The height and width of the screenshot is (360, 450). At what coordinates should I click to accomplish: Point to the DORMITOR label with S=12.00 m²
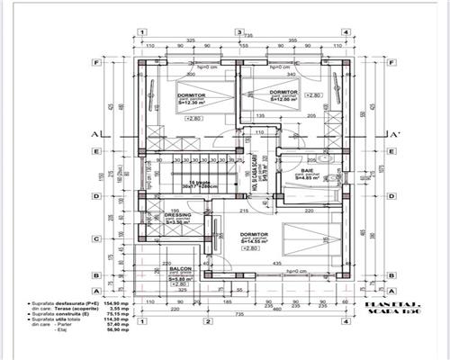coord(283,92)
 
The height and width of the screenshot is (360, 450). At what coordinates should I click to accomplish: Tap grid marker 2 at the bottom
coord(206,321)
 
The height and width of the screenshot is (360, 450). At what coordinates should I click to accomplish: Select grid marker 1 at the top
coord(141,32)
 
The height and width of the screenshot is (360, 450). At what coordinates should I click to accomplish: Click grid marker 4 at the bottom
coord(345,321)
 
